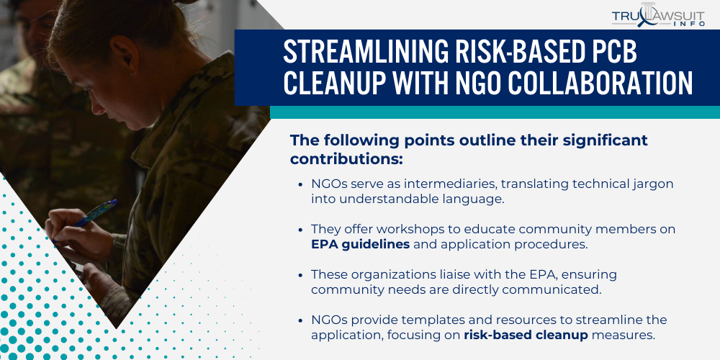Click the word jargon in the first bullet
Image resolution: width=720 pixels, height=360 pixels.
(652, 184)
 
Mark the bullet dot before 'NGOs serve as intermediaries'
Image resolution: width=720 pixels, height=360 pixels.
(300, 184)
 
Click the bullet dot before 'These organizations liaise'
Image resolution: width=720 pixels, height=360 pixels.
(300, 275)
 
